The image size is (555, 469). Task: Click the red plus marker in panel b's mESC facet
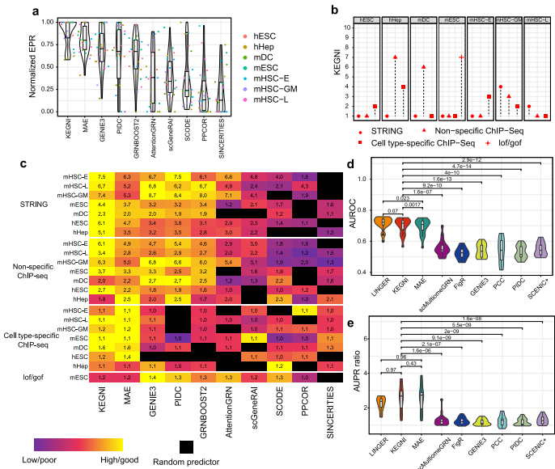click(460, 57)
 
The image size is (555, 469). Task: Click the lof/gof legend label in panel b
click(501, 142)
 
